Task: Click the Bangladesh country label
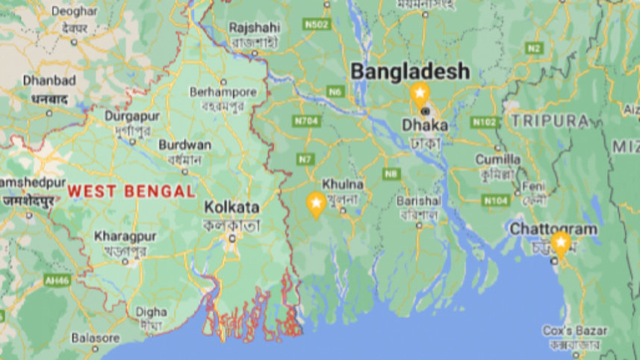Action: [410, 72]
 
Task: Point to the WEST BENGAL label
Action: [131, 191]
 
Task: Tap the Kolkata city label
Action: [232, 207]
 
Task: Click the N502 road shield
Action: [317, 25]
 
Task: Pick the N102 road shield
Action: [484, 122]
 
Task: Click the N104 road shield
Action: [495, 200]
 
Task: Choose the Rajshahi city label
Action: [253, 27]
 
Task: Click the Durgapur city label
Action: [132, 117]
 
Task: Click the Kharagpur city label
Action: [118, 237]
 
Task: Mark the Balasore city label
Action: [95, 338]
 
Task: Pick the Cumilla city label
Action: [498, 159]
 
